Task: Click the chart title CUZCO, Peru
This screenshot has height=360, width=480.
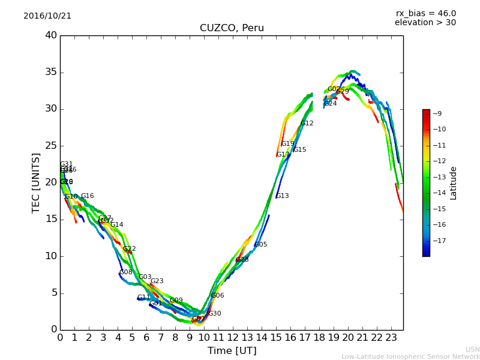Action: coord(232,28)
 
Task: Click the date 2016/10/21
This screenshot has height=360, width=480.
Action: coord(47,16)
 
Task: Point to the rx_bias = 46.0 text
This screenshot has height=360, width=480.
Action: coord(425,14)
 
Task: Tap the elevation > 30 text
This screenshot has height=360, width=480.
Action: coord(425,23)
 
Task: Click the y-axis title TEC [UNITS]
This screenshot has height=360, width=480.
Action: coord(36,182)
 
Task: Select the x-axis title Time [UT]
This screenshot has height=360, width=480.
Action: coord(232,350)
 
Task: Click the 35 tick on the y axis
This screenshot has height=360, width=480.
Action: coord(51,73)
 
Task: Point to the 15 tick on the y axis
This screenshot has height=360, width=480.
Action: coord(51,220)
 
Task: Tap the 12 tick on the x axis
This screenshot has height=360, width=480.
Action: coord(233,337)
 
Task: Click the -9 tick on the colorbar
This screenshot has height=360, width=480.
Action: coord(437,113)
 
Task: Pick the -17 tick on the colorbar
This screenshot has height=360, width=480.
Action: coord(440,241)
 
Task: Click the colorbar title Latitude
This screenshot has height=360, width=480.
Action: coord(454,182)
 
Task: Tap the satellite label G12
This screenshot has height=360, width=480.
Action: coord(307,124)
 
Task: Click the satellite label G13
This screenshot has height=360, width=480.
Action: coord(283,196)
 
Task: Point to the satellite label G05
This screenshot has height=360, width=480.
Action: coord(261,245)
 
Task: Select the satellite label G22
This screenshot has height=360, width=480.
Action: coord(130,249)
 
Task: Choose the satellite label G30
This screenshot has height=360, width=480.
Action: coord(215,314)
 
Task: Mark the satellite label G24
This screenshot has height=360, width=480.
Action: coord(331,104)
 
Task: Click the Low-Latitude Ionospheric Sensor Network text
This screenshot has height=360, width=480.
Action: coord(410,356)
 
